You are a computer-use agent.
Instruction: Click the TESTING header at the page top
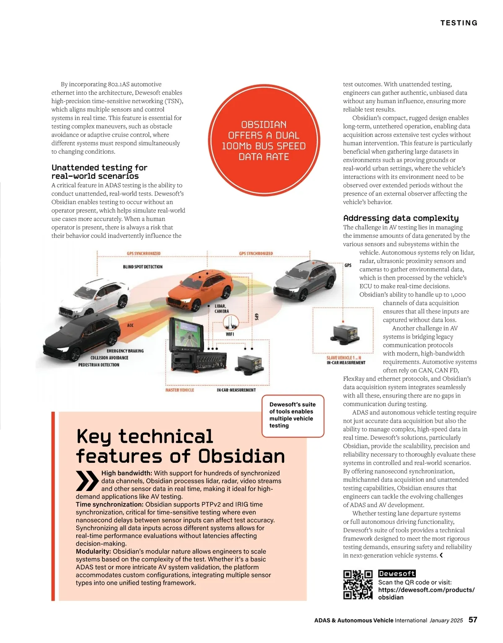coord(459,23)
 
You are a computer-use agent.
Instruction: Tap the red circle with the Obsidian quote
coord(264,140)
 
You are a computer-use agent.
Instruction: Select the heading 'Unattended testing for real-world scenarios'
coord(99,172)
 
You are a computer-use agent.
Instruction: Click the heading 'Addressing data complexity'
coord(401,218)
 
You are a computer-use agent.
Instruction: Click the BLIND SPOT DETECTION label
coord(143,267)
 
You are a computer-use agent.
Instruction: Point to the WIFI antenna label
coord(230,334)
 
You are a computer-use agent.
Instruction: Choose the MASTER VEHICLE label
coord(179,390)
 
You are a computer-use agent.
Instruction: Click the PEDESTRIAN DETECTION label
coord(99,365)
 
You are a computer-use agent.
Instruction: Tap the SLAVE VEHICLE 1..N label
coord(343,358)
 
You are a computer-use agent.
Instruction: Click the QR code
coord(358,585)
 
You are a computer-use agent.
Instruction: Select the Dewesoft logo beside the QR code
coord(397,573)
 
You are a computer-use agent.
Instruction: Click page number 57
coord(472,620)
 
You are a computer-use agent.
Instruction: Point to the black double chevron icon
coord(87,481)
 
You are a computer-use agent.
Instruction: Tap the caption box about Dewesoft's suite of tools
coord(293,415)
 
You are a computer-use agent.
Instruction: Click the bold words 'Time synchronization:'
coord(109,504)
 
